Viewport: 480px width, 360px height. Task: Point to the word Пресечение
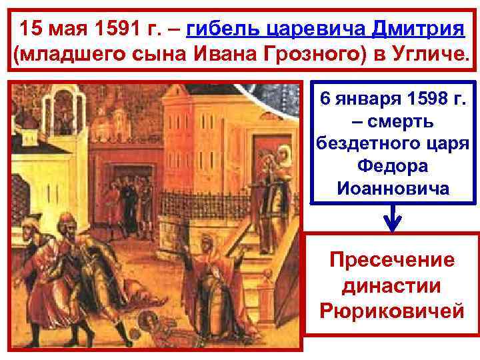coord(392,259)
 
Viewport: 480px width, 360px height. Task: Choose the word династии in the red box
coord(392,285)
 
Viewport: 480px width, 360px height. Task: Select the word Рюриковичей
coord(392,311)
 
